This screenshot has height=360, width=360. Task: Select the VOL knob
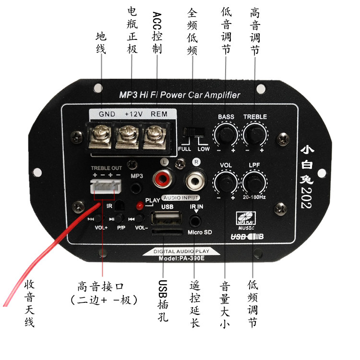click(x=226, y=182)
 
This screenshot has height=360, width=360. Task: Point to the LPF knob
click(x=254, y=182)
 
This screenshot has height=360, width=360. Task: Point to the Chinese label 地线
click(x=101, y=43)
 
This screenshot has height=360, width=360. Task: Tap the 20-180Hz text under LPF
click(x=254, y=197)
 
